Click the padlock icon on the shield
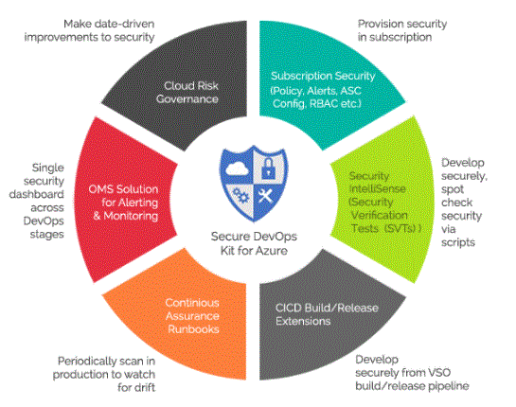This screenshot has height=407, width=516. pos(268,168)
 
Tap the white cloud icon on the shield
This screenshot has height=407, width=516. pos(237,168)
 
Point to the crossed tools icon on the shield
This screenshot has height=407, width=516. pos(265,195)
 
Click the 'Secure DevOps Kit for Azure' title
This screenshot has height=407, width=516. pos(254,243)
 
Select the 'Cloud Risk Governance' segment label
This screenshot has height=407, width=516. pos(187,93)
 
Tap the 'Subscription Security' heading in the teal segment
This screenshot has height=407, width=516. pos(323,76)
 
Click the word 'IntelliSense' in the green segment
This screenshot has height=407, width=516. pos(377,189)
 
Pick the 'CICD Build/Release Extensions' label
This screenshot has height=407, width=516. pos(327,314)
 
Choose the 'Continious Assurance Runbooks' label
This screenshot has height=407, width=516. pos(192,316)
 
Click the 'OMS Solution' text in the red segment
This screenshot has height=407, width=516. pos(123,189)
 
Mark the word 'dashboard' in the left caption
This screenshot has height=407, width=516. pos(37,194)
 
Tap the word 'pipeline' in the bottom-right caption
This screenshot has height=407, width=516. pos(449,386)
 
